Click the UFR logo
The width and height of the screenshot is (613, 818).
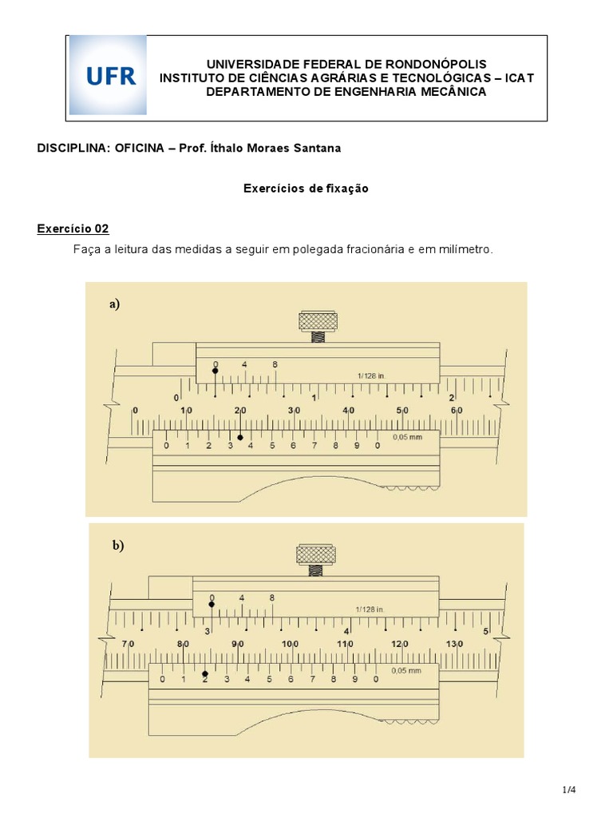pyautogui.click(x=108, y=76)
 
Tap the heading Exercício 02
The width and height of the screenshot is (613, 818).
pyautogui.click(x=73, y=228)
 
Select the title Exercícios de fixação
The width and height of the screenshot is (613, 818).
pyautogui.click(x=306, y=189)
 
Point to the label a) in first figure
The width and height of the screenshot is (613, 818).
pyautogui.click(x=115, y=304)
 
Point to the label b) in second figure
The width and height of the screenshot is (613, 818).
pyautogui.click(x=118, y=546)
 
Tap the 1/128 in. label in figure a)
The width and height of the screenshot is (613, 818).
pyautogui.click(x=372, y=375)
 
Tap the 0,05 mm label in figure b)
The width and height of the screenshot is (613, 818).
pyautogui.click(x=405, y=670)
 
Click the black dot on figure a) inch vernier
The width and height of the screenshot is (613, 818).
pyautogui.click(x=215, y=371)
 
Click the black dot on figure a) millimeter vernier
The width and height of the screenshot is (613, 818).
pyautogui.click(x=240, y=438)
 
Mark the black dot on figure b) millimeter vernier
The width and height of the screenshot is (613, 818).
pyautogui.click(x=205, y=673)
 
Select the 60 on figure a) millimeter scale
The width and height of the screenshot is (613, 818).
pyautogui.click(x=457, y=411)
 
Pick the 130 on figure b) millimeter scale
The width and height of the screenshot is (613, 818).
pyautogui.click(x=453, y=644)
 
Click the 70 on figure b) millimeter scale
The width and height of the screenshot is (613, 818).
pyautogui.click(x=128, y=644)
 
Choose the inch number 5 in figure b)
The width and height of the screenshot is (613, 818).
pyautogui.click(x=486, y=631)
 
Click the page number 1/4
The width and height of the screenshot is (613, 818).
pyautogui.click(x=568, y=790)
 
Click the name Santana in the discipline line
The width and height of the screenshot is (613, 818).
pyautogui.click(x=319, y=148)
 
